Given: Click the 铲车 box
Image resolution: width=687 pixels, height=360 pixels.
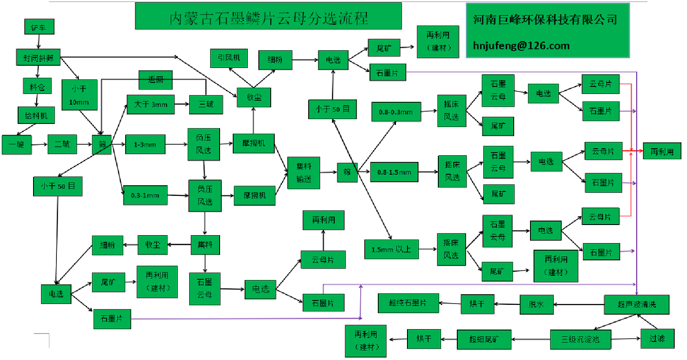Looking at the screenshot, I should [x=39, y=27].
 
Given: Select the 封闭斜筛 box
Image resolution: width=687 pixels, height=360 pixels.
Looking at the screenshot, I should [x=38, y=57].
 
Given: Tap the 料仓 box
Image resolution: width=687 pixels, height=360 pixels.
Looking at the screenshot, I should [x=37, y=86].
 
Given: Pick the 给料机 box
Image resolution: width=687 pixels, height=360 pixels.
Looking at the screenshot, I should [x=36, y=116].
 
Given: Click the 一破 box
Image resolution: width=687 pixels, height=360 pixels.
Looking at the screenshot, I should [x=17, y=145].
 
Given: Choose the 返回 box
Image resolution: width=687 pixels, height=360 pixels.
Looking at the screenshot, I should [x=155, y=80].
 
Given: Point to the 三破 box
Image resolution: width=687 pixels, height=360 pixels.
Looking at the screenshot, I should [x=205, y=105].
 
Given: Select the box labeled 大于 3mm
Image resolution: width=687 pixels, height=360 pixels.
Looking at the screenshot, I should [x=150, y=105].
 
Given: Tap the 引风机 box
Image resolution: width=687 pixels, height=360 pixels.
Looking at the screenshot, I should [x=229, y=58].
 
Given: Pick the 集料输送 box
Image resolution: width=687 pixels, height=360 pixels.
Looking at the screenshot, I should [x=303, y=172].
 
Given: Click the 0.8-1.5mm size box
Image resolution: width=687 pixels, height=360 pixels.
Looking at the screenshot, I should [x=394, y=172].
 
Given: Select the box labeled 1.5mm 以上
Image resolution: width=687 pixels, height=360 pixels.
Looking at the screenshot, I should [x=391, y=249].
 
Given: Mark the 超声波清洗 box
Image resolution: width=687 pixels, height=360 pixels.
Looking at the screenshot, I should [x=636, y=304].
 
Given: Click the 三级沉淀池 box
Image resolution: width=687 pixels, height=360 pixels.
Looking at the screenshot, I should [x=580, y=339].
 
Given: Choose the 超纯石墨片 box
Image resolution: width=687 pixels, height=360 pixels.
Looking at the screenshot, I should [x=408, y=303].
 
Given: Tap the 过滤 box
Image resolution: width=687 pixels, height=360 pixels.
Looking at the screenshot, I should [x=657, y=338].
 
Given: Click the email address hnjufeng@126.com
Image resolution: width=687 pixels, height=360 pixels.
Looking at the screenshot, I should [x=521, y=46].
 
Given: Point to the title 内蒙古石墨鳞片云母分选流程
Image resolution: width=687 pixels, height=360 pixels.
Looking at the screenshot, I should [x=268, y=18].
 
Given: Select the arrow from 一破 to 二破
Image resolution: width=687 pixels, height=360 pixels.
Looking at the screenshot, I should [x=40, y=145].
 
